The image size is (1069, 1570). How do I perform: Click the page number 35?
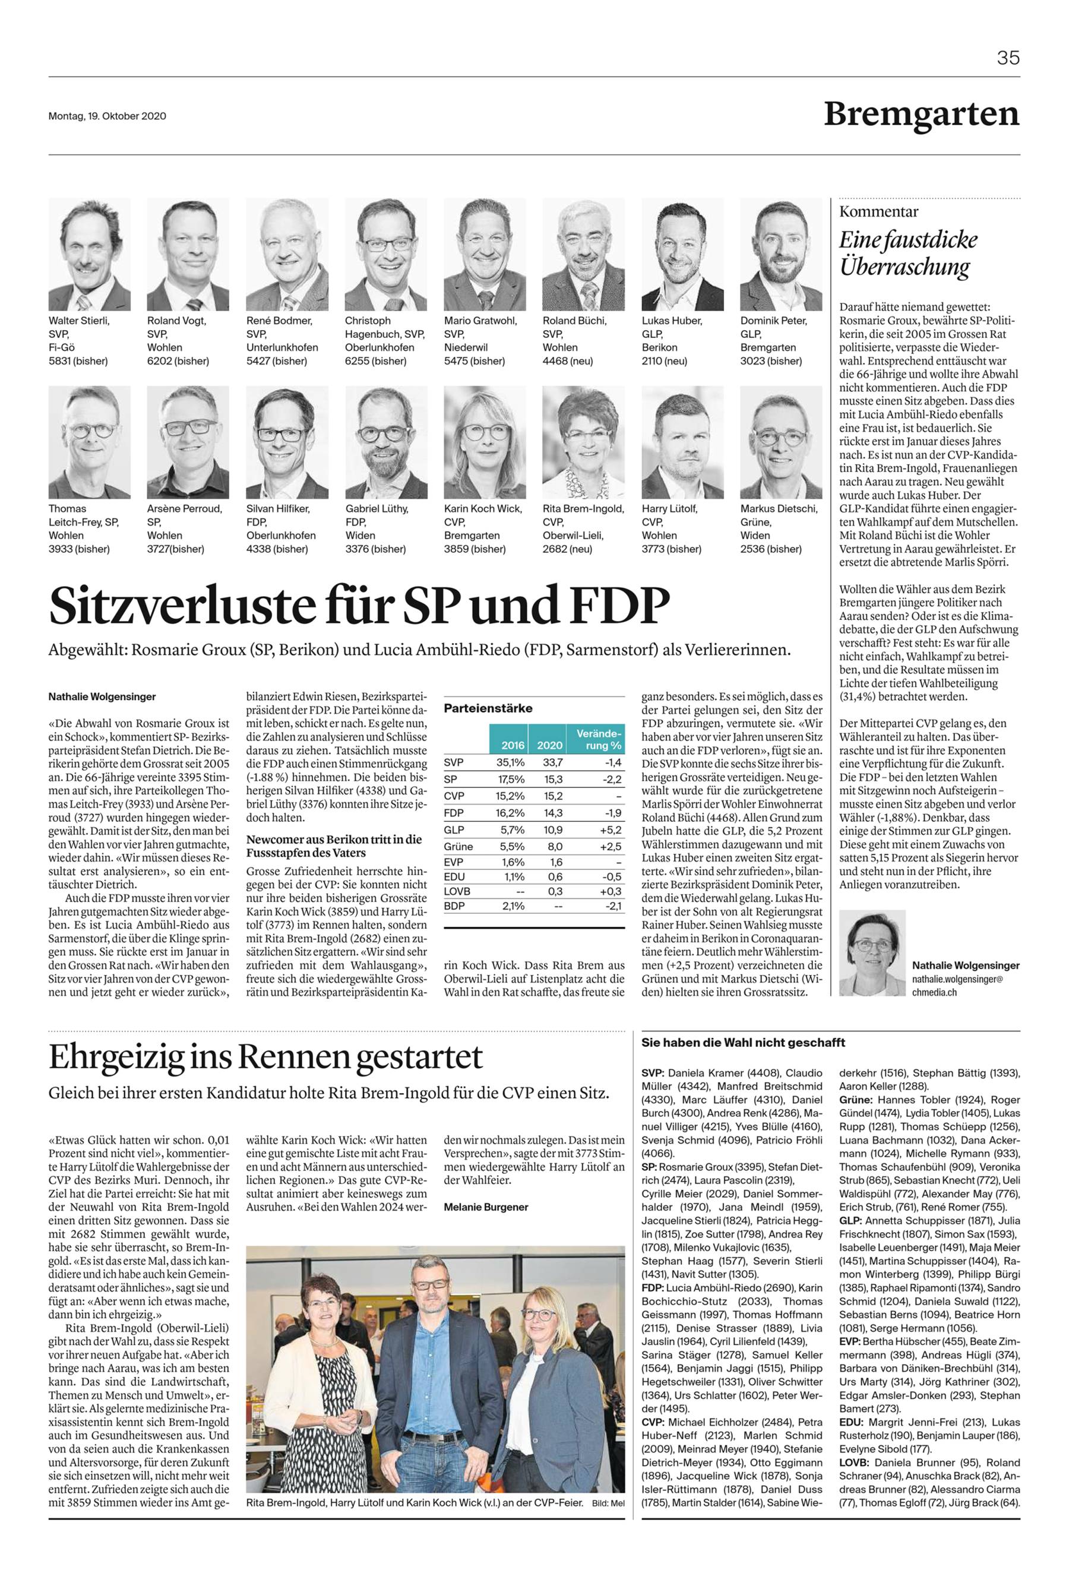pyautogui.click(x=1008, y=58)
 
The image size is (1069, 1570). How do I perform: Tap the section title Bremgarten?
pyautogui.click(x=922, y=114)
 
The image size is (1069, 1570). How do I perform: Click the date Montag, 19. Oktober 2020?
pyautogui.click(x=107, y=116)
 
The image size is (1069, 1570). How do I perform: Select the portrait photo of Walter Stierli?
pyautogui.click(x=89, y=254)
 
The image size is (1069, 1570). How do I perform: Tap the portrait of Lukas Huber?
pyautogui.click(x=682, y=254)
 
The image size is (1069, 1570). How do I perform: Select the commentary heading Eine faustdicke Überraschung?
pyautogui.click(x=908, y=254)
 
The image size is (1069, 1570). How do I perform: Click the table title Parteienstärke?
pyautogui.click(x=488, y=708)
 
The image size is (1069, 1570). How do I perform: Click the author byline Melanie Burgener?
pyautogui.click(x=486, y=1207)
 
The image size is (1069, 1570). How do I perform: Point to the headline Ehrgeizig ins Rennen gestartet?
pyautogui.click(x=265, y=1057)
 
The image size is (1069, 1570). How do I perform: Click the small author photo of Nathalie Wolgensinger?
pyautogui.click(x=872, y=953)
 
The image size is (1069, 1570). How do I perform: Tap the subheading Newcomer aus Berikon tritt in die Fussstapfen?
pyautogui.click(x=334, y=846)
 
